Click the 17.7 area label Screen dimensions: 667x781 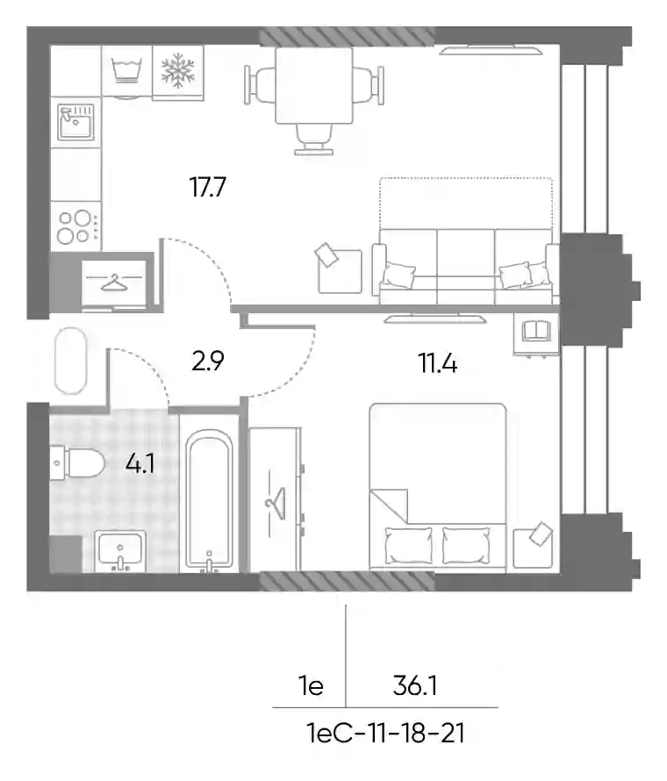click(208, 187)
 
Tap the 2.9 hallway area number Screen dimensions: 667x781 click(208, 362)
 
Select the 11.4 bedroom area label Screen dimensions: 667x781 click(438, 363)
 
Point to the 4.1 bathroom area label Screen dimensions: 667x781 click(140, 465)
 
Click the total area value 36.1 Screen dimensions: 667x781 click(415, 686)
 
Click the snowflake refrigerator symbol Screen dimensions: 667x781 click(178, 71)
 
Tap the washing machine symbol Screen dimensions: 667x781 click(126, 71)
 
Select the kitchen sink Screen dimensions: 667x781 click(75, 122)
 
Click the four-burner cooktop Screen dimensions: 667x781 click(76, 226)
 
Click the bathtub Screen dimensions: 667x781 click(209, 499)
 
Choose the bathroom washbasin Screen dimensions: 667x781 click(120, 551)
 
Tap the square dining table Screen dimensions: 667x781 click(314, 85)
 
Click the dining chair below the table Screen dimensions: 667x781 click(314, 140)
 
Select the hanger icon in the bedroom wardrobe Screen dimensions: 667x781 click(276, 502)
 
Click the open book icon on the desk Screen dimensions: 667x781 click(536, 331)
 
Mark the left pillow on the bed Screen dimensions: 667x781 click(409, 546)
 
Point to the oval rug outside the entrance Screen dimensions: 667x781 click(70, 361)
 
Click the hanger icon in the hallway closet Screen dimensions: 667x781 click(115, 282)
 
